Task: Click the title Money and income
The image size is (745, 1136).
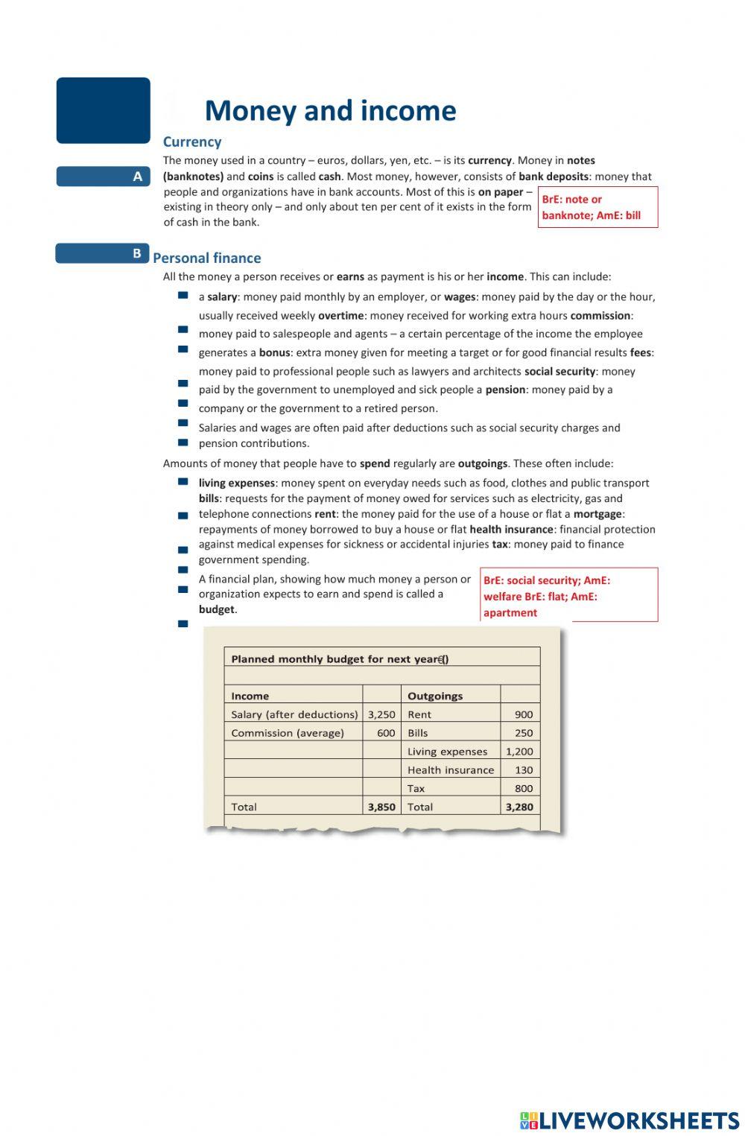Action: click(330, 111)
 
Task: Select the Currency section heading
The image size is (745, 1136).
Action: click(192, 142)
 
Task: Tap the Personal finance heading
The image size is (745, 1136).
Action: click(207, 258)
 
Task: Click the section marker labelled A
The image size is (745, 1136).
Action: click(104, 177)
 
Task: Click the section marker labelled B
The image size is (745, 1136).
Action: click(103, 253)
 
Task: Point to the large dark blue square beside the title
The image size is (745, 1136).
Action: click(104, 110)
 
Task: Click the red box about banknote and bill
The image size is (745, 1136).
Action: click(597, 207)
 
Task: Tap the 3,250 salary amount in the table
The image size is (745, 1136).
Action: click(381, 714)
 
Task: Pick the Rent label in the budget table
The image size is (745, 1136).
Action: click(419, 714)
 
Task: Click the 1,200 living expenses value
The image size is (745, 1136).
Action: click(519, 752)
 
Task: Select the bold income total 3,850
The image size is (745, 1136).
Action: click(381, 807)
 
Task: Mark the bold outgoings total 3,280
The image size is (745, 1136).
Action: click(519, 807)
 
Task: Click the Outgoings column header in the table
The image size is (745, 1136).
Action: click(435, 696)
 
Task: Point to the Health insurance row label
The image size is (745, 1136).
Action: click(451, 770)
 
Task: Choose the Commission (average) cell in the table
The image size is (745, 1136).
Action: click(288, 733)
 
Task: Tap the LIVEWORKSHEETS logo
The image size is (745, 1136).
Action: click(630, 1120)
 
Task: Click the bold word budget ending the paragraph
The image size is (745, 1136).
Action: click(217, 609)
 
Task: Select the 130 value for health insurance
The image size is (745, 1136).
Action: click(524, 770)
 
